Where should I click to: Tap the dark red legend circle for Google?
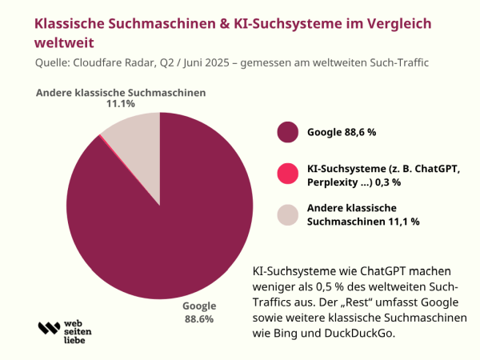(287, 132)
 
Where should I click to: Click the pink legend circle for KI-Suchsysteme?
(287, 175)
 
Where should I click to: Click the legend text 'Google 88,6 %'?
(342, 132)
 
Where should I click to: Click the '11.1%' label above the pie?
(121, 104)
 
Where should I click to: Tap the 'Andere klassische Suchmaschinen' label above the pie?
(121, 93)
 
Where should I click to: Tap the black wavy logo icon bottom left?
(49, 328)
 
